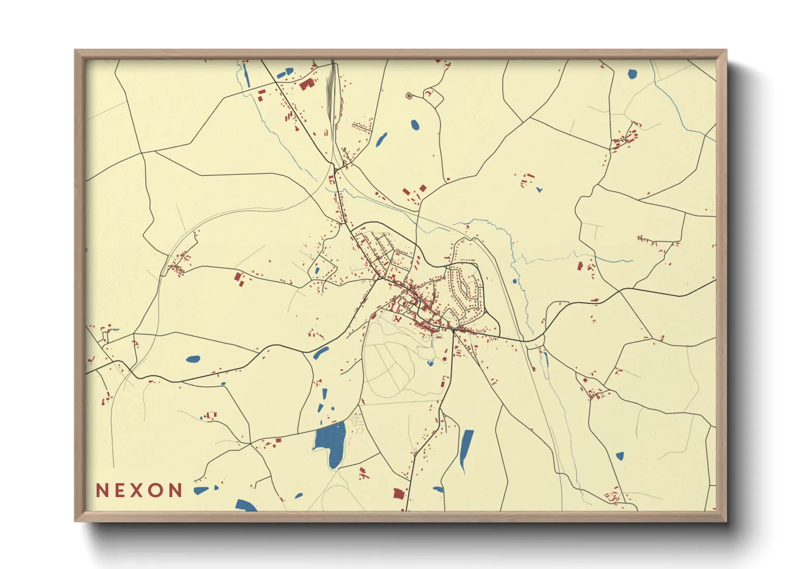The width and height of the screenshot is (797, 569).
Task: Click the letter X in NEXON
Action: [139, 490]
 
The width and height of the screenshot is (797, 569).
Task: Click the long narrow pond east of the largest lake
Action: [466, 449]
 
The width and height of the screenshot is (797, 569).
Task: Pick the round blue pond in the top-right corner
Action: [632, 74]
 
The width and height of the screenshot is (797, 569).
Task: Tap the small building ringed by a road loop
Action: [408, 96]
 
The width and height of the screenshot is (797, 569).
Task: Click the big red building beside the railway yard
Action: [306, 84]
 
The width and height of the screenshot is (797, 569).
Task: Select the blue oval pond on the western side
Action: [193, 359]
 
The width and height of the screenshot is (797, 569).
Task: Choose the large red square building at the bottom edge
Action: [398, 493]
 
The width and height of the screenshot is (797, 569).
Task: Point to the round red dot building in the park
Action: [445, 359]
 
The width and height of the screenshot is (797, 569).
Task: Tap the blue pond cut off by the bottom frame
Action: [246, 505]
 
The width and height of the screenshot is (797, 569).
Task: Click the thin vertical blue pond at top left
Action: [247, 75]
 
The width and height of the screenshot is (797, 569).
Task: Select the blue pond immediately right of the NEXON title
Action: [201, 490]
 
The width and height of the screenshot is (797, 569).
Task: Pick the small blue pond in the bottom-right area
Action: [619, 456]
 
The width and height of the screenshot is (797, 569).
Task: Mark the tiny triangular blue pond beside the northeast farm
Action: [539, 189]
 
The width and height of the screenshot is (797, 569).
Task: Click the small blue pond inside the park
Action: [430, 364]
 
